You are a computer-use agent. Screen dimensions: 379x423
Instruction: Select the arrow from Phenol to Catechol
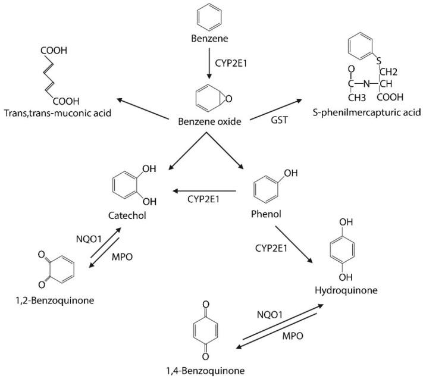[205, 191]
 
